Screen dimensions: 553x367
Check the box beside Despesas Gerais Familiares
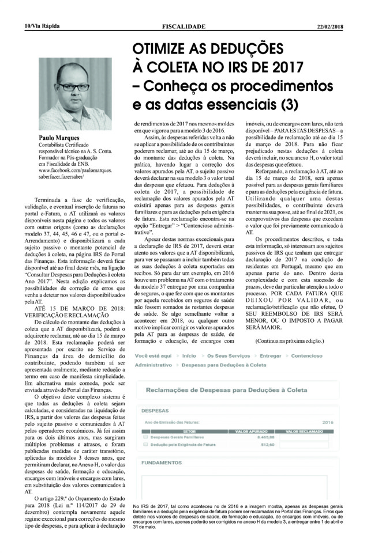(x=144, y=437)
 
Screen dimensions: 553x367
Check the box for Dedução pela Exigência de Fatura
(x=144, y=444)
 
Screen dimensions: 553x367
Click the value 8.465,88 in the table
(x=262, y=437)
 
